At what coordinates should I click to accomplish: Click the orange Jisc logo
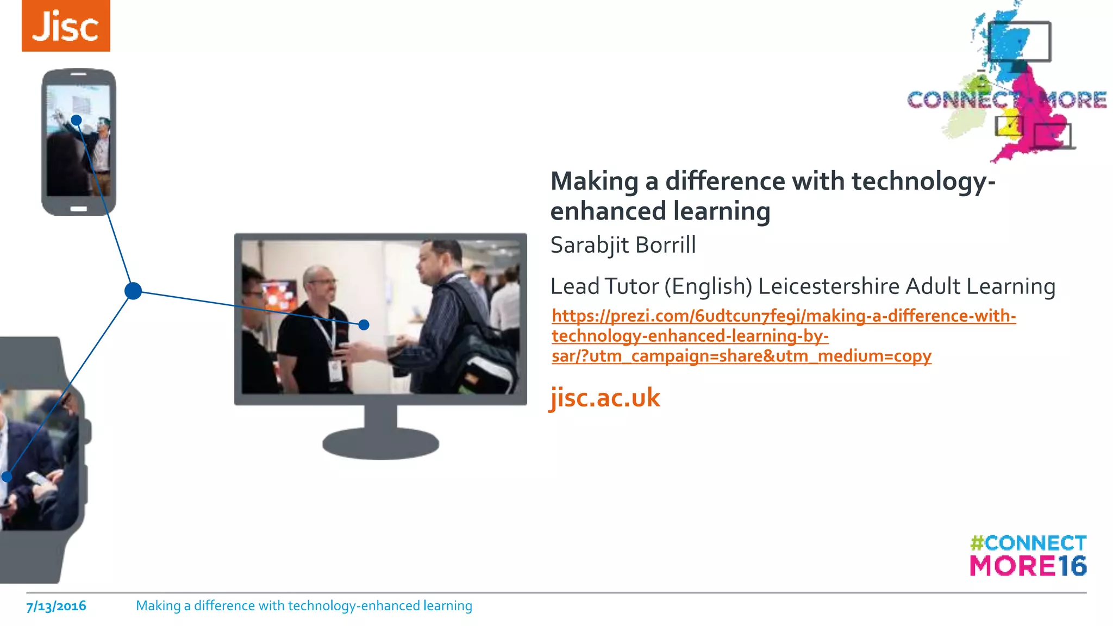66,26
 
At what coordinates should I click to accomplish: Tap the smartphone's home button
79,209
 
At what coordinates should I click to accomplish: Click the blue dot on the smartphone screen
77,120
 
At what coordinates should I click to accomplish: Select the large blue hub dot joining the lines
133,291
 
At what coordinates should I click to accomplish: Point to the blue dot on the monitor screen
364,325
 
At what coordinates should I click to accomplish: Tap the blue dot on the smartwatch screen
7,477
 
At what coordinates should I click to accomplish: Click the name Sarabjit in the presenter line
590,245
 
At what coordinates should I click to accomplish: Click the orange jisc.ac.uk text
605,397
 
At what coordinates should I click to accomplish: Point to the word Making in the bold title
595,181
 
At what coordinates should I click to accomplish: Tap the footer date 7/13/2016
57,606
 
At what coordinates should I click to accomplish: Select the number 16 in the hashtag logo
1072,566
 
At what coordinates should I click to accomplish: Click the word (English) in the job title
709,286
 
